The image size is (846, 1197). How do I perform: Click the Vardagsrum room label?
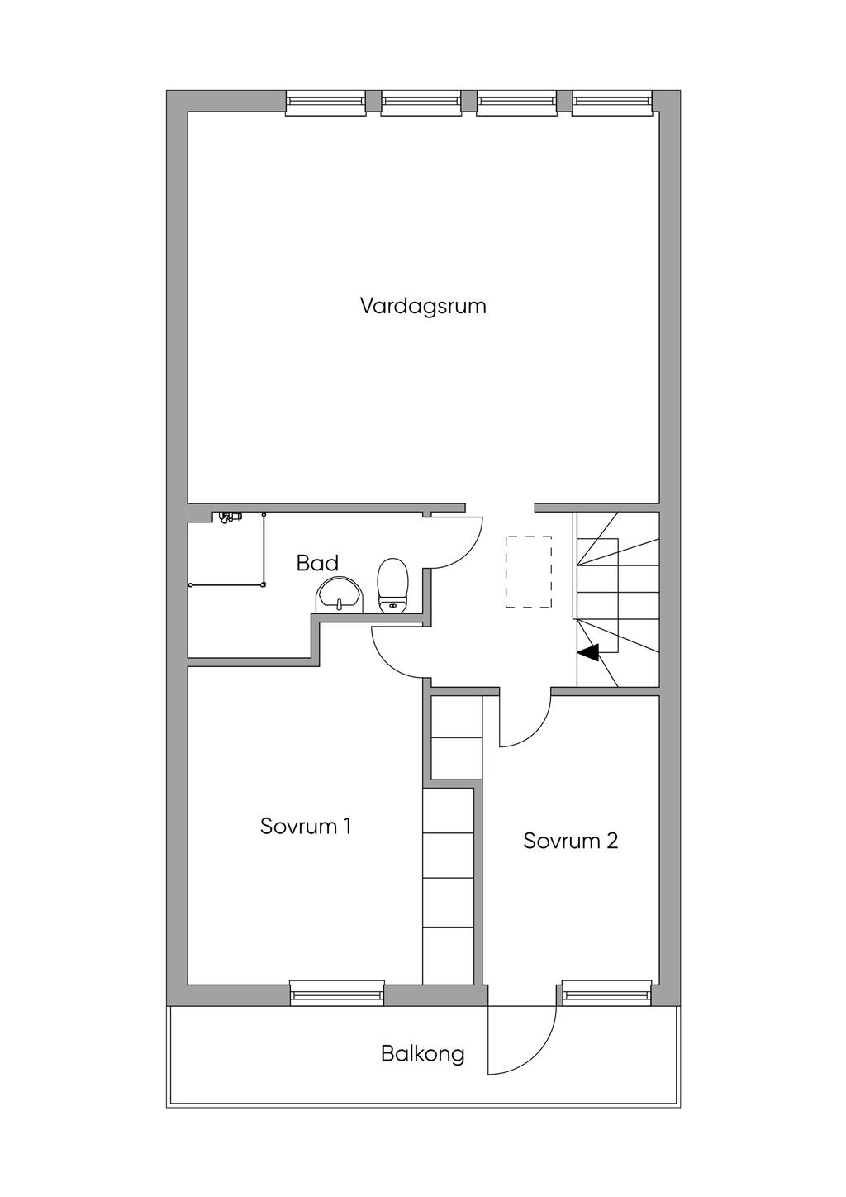click(423, 306)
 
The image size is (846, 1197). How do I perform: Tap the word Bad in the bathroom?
click(317, 564)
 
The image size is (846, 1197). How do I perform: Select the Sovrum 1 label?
click(306, 826)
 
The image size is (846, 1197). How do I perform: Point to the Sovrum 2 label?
click(571, 841)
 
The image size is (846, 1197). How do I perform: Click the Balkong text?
click(422, 1054)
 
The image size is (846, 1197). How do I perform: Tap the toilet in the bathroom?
click(393, 585)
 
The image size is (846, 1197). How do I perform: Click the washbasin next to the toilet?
click(340, 594)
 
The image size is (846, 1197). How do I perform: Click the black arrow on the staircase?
click(588, 653)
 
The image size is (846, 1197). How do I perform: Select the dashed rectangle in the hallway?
click(529, 572)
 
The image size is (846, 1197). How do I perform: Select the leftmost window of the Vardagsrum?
click(326, 102)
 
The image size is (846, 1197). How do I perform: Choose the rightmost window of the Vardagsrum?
click(612, 102)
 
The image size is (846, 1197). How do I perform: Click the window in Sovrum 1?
click(337, 992)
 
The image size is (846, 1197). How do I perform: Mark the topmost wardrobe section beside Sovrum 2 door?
click(457, 717)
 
